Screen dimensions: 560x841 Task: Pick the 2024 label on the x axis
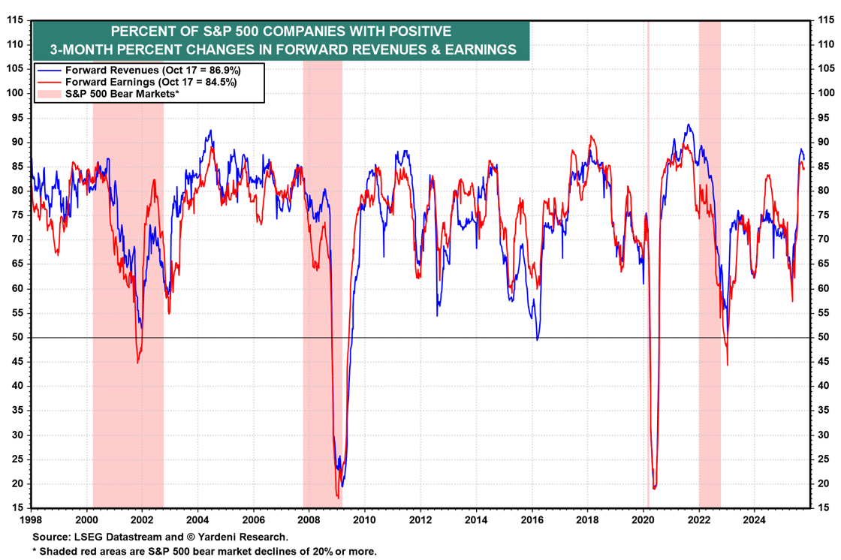(754, 519)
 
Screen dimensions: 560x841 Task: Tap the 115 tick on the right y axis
(825, 20)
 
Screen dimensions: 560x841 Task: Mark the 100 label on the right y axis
(825, 93)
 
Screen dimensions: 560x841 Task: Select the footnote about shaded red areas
(204, 552)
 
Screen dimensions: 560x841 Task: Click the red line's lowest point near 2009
(338, 496)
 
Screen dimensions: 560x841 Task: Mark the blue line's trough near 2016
(537, 340)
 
